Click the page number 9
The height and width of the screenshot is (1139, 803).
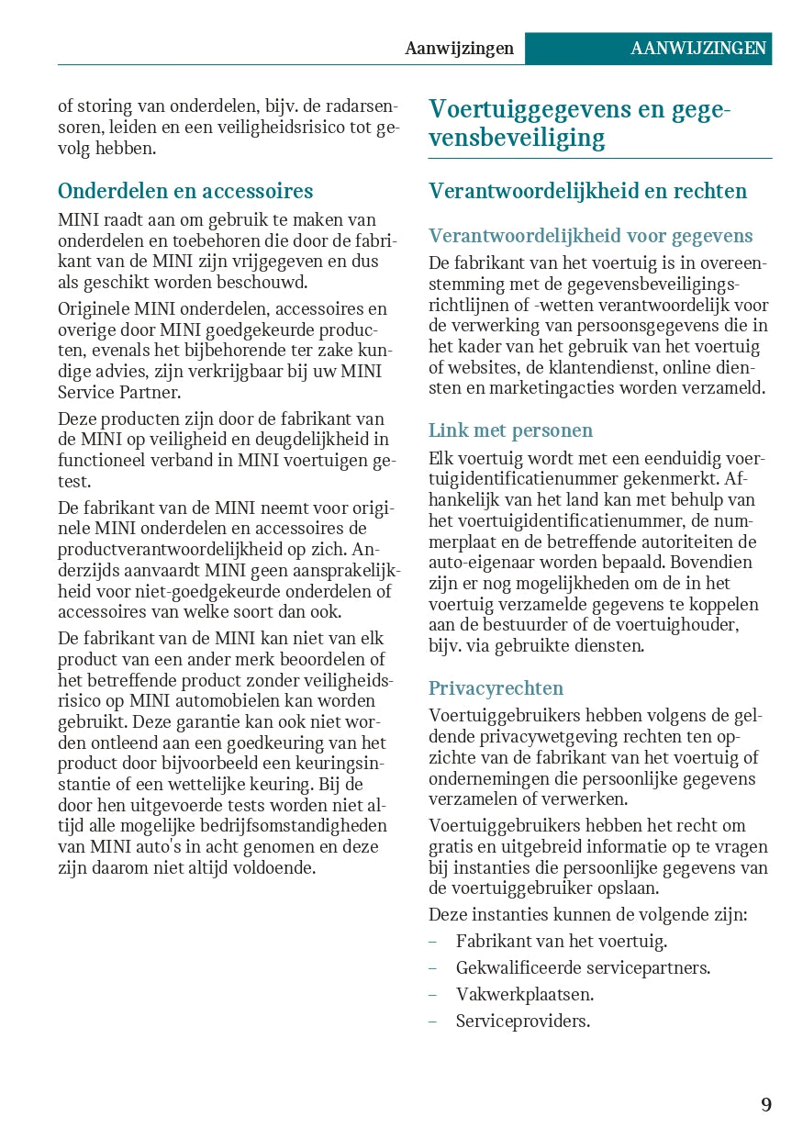click(x=765, y=1104)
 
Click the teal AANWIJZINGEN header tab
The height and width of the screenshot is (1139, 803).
click(x=698, y=49)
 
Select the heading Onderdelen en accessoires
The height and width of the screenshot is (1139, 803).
click(x=185, y=191)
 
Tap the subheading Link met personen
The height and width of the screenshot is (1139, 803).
click(x=510, y=430)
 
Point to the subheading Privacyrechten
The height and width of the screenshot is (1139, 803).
click(x=496, y=688)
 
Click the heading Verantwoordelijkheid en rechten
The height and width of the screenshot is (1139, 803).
click(x=587, y=191)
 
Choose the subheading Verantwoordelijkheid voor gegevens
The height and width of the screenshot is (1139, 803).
click(x=590, y=237)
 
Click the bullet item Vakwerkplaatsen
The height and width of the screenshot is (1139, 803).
click(x=524, y=994)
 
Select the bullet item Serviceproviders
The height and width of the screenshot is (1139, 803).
click(x=522, y=1021)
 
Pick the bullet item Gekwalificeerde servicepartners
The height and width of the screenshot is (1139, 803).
click(x=583, y=967)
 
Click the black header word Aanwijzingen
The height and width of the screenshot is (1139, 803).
click(x=459, y=49)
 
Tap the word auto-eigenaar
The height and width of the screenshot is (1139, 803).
click(x=479, y=562)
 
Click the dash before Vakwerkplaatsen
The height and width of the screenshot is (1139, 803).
click(x=433, y=994)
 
